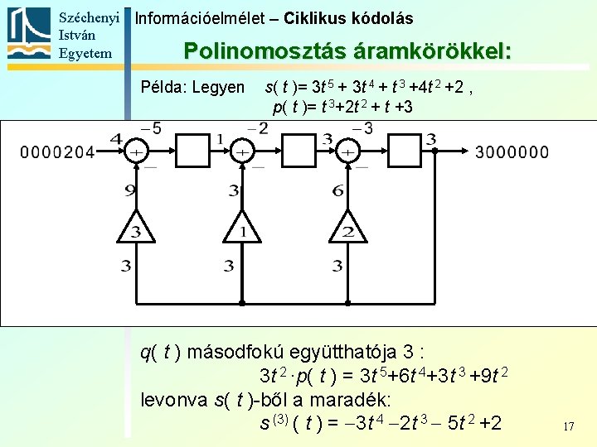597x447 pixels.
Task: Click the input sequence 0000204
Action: click(57, 152)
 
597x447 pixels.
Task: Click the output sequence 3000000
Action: click(512, 152)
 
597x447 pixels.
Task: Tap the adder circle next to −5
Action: click(136, 152)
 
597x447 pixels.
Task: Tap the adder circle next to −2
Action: click(241, 152)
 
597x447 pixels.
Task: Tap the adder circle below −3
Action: click(348, 152)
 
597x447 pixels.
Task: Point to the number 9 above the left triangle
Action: click(130, 191)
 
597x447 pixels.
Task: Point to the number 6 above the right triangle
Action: click(337, 191)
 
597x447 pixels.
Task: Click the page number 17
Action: click(568, 427)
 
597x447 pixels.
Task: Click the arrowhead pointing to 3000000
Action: click(467, 152)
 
